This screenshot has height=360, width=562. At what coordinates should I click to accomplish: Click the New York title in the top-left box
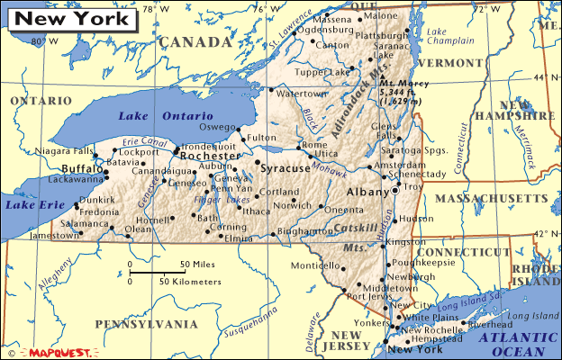(x=64, y=18)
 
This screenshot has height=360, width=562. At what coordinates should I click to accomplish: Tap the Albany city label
(x=367, y=193)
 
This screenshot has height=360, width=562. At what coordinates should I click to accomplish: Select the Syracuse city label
(x=284, y=168)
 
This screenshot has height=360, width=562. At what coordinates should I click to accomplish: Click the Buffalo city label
(x=83, y=168)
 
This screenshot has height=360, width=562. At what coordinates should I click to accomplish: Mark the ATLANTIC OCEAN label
(x=517, y=343)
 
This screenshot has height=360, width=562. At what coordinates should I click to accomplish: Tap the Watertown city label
(x=301, y=94)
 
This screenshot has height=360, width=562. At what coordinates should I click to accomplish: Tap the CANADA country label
(x=195, y=42)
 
